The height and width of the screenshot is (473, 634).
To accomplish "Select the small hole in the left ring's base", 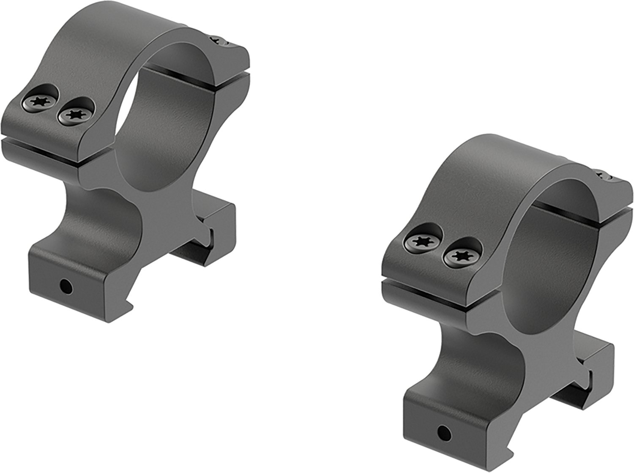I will [65, 287].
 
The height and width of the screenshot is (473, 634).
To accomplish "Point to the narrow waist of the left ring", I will [101, 211].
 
